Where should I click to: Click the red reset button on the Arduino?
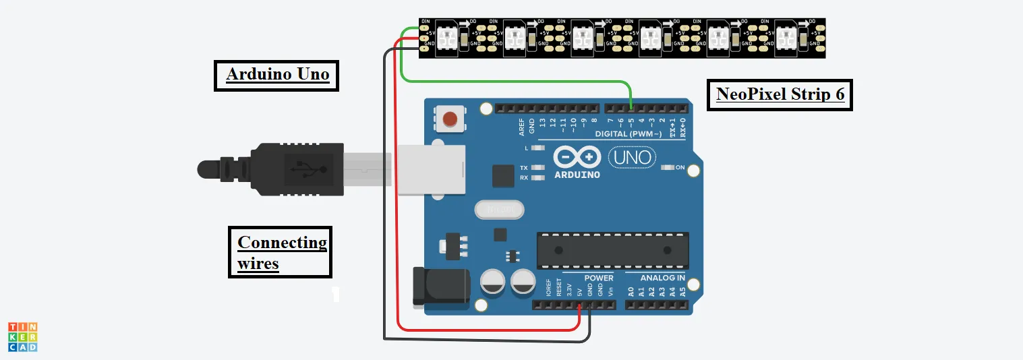click(x=449, y=120)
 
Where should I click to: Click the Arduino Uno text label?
click(x=277, y=74)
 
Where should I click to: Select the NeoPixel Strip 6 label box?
click(x=780, y=94)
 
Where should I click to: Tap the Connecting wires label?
click(x=281, y=252)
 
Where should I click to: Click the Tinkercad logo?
click(x=23, y=336)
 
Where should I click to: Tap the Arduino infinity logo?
click(x=577, y=158)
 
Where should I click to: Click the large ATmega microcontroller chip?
click(x=612, y=251)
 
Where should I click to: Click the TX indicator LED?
click(x=537, y=168)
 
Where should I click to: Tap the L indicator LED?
click(x=537, y=148)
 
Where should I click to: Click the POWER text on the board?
click(x=599, y=278)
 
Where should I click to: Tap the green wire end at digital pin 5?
click(x=631, y=108)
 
